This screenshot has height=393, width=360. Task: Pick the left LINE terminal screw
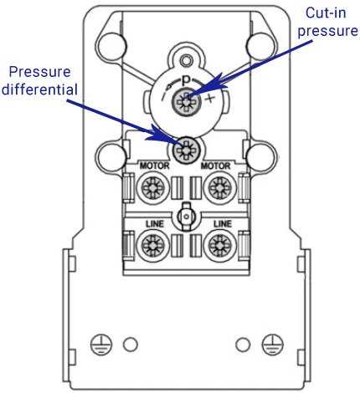tap(150, 245)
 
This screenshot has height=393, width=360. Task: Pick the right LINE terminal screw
tap(219, 245)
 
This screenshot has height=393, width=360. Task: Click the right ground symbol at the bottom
tap(269, 344)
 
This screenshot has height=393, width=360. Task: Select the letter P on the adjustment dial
tap(183, 84)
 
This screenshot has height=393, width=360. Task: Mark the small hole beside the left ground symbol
tap(130, 344)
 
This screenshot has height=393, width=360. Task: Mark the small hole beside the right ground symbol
tap(242, 344)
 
